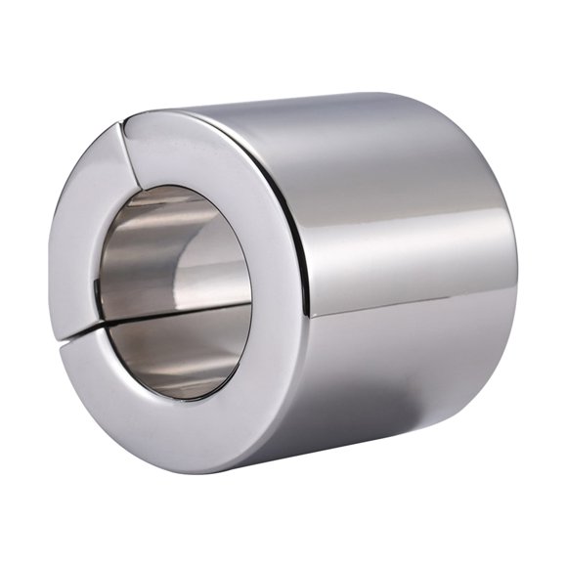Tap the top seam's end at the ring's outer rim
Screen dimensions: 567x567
(x=121, y=125)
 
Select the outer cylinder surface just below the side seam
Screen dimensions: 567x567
(x=411, y=323)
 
